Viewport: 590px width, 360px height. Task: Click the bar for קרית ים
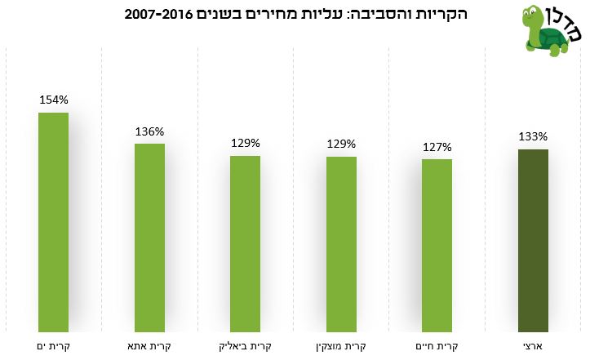click(53, 222)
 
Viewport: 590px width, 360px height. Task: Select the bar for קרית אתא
click(150, 238)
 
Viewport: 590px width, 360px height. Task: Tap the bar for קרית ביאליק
click(246, 244)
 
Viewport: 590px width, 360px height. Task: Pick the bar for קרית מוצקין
click(341, 244)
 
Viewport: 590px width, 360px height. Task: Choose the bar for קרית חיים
click(437, 246)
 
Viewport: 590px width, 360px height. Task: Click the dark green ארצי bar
click(533, 241)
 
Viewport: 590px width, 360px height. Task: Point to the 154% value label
click(54, 100)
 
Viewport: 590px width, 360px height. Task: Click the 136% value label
click(150, 131)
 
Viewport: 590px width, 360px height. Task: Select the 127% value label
click(437, 147)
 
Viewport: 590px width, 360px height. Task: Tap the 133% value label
click(533, 136)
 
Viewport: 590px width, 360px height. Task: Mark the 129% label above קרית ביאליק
click(246, 143)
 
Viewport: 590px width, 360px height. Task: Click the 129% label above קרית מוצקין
click(341, 144)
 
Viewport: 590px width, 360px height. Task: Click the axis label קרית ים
click(53, 346)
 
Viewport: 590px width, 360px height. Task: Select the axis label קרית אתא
click(149, 346)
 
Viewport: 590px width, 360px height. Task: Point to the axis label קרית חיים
click(437, 346)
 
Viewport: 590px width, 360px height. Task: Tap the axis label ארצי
click(533, 346)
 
